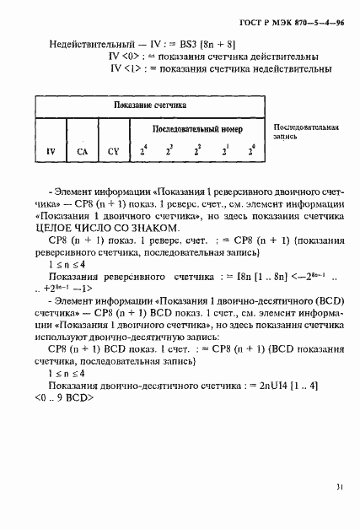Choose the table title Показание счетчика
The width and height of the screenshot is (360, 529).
pos(150,106)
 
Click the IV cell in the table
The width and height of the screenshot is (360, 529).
pos(51,153)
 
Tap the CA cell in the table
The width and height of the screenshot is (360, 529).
pos(82,153)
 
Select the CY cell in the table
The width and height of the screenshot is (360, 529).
pos(114,153)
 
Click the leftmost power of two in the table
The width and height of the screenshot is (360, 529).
pos(144,152)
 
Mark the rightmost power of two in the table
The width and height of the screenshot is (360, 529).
pos(250,152)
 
